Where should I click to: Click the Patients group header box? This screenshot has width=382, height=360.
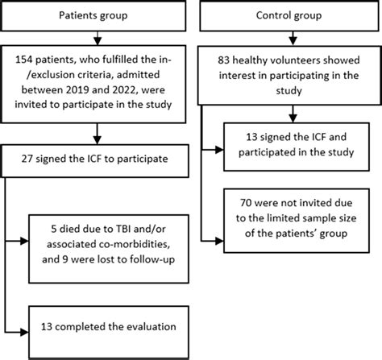[96, 15]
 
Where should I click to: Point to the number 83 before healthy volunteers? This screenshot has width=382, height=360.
[226, 60]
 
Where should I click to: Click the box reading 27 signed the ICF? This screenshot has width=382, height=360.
[96, 159]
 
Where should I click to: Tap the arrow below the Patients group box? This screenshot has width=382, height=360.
[96, 37]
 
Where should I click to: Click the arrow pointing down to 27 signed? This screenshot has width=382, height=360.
[96, 134]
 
